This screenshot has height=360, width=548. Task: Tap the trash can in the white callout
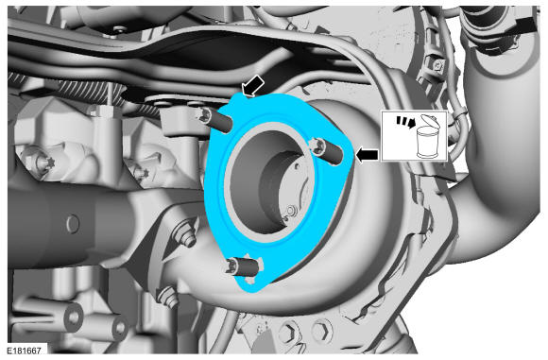pos(429,143)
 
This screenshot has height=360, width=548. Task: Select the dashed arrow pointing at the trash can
pos(405,122)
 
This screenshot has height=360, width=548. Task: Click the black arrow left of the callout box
pos(367,155)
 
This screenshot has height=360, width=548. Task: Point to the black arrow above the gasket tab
pos(253,86)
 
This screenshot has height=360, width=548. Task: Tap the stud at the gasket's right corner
pos(328,150)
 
